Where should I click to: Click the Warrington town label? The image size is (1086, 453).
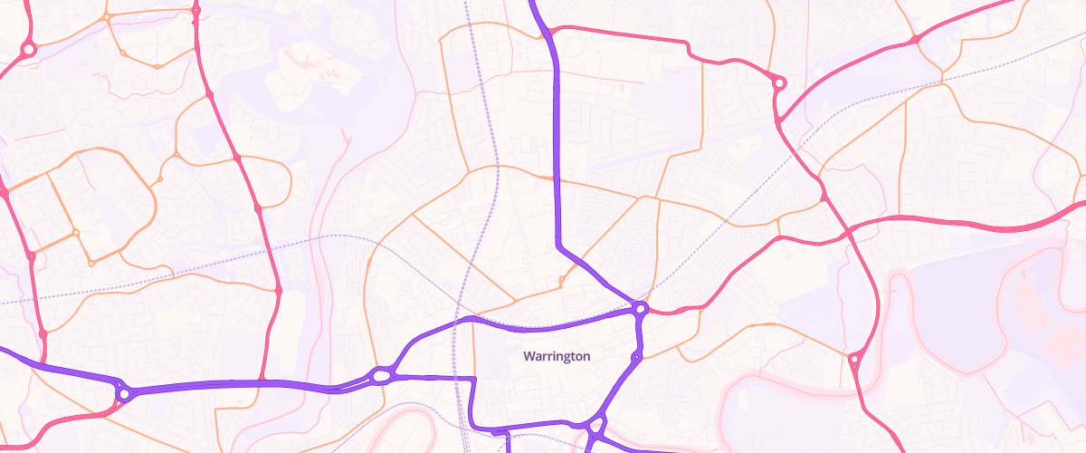(557, 356)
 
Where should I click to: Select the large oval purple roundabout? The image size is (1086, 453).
(382, 374)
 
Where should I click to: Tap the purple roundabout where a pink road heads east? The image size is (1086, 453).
(641, 309)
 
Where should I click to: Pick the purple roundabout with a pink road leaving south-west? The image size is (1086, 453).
(123, 394)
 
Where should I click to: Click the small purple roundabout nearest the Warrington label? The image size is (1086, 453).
(636, 358)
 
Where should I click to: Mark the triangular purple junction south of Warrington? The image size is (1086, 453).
(595, 426)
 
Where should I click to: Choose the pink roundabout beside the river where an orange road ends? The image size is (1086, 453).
(853, 360)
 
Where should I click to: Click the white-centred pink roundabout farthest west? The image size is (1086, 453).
(28, 49)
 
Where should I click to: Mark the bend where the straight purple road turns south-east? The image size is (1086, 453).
(557, 244)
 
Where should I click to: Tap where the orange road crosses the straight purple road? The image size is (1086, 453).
(556, 178)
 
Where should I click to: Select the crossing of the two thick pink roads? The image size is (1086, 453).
(851, 230)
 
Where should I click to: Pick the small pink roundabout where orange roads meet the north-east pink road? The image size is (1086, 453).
(916, 40)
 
